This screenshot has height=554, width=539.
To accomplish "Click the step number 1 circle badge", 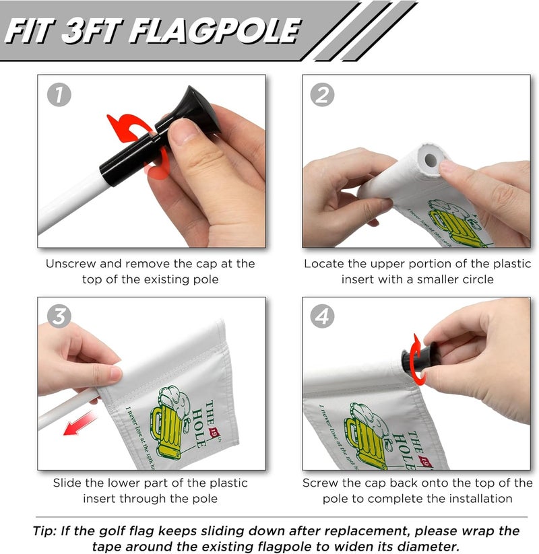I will coord(59,95).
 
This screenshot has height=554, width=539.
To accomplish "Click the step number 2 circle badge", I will coord(322,95).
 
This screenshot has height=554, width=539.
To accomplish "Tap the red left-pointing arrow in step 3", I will coord(80,425).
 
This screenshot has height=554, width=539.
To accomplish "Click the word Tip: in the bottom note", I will coord(47,530).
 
